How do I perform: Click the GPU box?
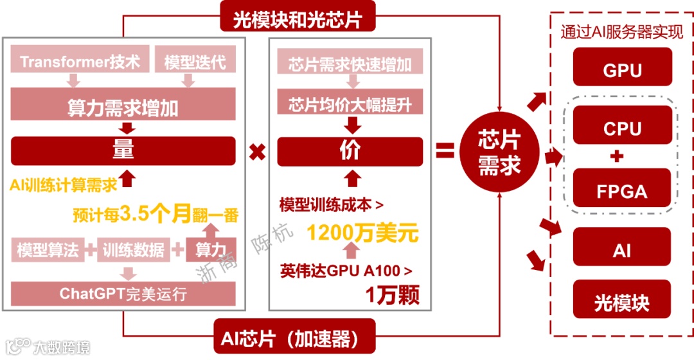[x=621, y=69]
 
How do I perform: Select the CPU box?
[x=621, y=128]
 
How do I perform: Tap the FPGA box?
[x=621, y=190]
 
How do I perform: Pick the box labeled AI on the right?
[x=621, y=250]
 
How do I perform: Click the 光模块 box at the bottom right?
[x=621, y=302]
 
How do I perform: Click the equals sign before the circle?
[x=445, y=152]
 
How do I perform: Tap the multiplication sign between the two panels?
[x=258, y=153]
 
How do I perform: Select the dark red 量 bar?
[x=123, y=150]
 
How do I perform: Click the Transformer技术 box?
[x=80, y=62]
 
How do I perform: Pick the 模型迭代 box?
[x=190, y=62]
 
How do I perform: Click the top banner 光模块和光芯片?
[x=298, y=19]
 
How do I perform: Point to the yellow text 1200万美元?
[x=362, y=231]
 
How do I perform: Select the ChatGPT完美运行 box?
[x=123, y=294]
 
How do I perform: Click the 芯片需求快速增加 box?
[x=350, y=65]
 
